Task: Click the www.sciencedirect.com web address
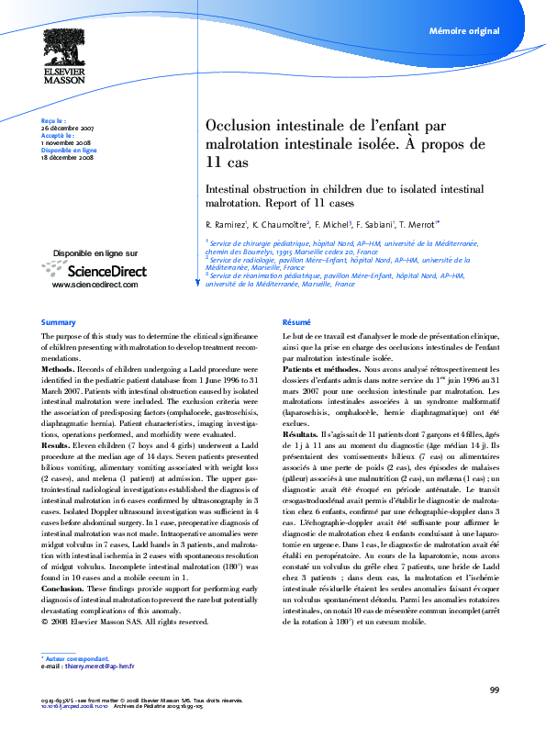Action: (95, 285)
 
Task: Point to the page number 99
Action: (494, 690)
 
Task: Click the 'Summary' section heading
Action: (58, 322)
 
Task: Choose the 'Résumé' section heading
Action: (295, 322)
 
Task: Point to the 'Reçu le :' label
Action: (53, 120)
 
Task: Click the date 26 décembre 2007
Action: (67, 128)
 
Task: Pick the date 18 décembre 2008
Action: (67, 158)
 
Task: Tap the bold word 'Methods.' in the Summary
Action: (58, 367)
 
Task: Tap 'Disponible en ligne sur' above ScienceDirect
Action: (95, 252)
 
